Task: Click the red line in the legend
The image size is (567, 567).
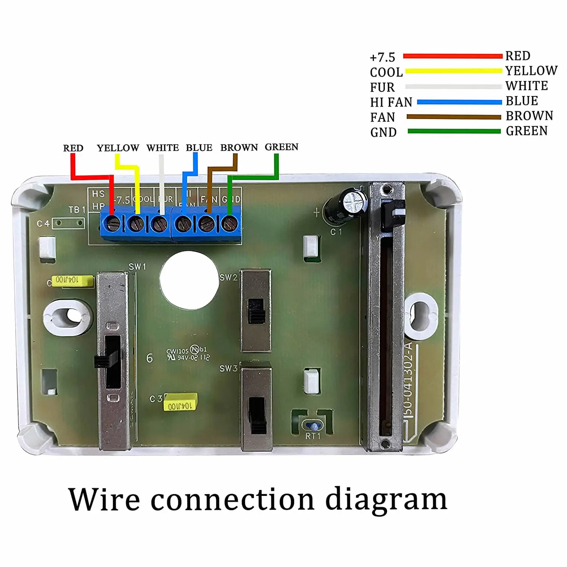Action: coord(452,56)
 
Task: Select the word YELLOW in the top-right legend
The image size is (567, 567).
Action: coord(531,71)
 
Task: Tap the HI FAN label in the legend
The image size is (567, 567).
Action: coord(391,102)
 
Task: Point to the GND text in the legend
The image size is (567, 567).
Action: coord(383,132)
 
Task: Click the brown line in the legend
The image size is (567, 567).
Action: coord(454,117)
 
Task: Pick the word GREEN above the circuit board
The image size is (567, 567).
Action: coord(281,147)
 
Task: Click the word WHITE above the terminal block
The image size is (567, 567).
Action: coord(163,147)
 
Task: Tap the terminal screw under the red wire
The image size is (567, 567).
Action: coord(113,224)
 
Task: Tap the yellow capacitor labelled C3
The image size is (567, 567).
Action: coord(180,403)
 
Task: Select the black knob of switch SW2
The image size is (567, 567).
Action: coord(256,311)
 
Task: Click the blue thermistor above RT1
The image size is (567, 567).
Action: coord(313,426)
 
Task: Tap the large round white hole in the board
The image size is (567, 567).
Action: coord(189,279)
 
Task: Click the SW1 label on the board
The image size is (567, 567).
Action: coord(137,266)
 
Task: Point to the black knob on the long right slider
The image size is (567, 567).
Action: coord(392,216)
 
